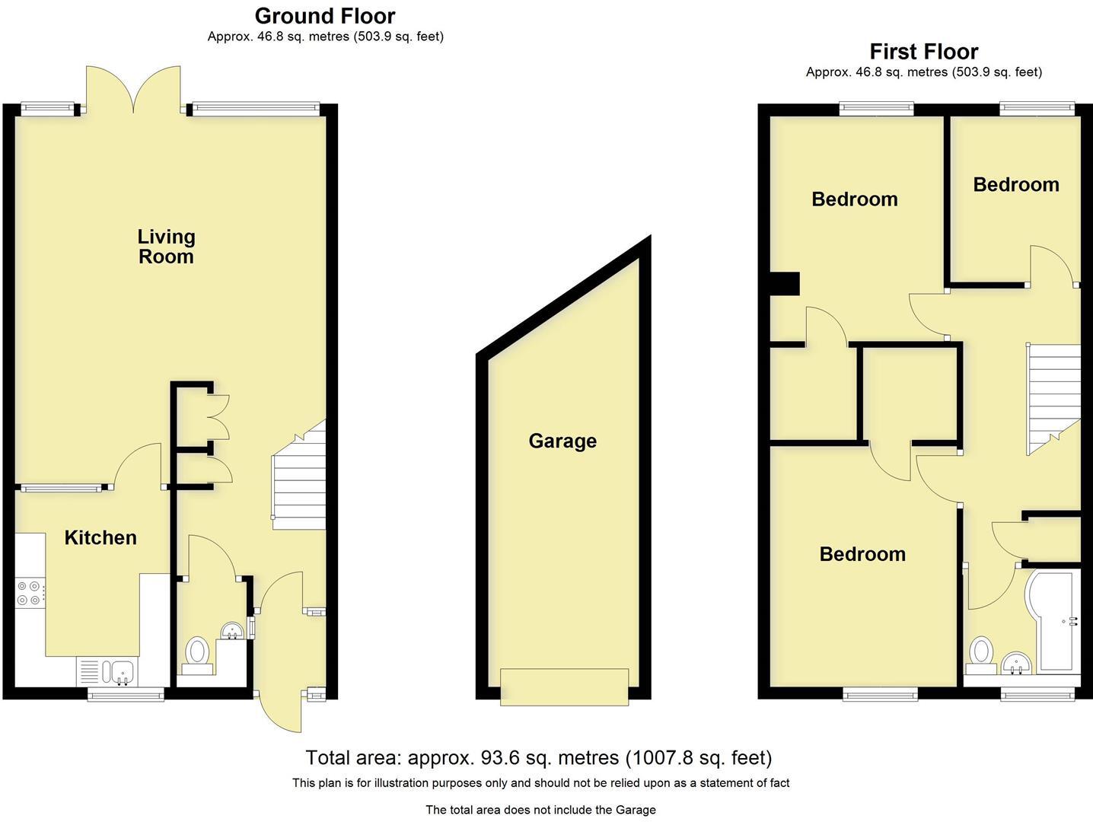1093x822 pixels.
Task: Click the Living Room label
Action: (x=166, y=247)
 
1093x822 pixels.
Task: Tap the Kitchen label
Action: (x=100, y=537)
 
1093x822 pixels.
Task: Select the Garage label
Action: (x=562, y=441)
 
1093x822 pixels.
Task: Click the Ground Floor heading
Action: (x=325, y=16)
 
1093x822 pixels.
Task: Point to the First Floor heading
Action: (x=923, y=52)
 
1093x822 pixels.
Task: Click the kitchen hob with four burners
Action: (x=29, y=593)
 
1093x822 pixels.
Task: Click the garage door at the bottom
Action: (x=564, y=687)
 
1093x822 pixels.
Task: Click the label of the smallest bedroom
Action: (x=1015, y=184)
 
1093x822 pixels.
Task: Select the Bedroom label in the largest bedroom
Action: (x=862, y=553)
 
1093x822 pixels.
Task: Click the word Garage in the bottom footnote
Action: (x=636, y=810)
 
